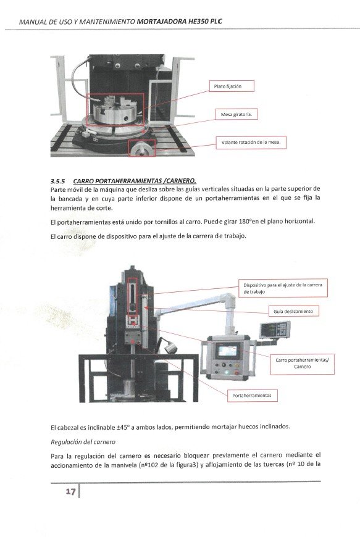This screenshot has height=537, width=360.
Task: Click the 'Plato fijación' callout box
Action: coord(227,87)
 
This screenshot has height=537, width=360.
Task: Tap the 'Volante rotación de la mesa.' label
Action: coord(251,143)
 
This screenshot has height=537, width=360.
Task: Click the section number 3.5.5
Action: coord(59,180)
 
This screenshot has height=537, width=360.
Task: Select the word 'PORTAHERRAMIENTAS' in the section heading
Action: coord(117,180)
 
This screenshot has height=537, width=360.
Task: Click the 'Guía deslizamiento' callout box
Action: coord(293,312)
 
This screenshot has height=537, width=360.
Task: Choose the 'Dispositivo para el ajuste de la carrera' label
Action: coord(283,288)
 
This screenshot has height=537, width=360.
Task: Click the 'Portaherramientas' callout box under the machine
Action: coord(253,394)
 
